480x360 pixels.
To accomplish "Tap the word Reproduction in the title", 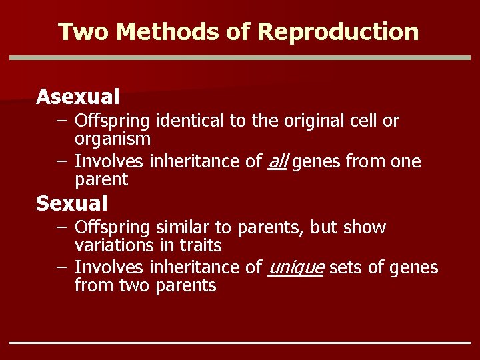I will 338,32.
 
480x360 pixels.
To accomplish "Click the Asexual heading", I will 78,97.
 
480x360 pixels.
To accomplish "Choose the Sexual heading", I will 71,203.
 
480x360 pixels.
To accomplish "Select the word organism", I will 113,139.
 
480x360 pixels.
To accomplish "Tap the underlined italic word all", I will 277,161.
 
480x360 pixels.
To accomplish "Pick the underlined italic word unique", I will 295,268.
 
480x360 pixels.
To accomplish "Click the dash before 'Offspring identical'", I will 61,121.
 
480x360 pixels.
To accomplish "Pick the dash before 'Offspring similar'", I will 61,228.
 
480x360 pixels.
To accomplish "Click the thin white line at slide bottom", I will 240,343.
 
